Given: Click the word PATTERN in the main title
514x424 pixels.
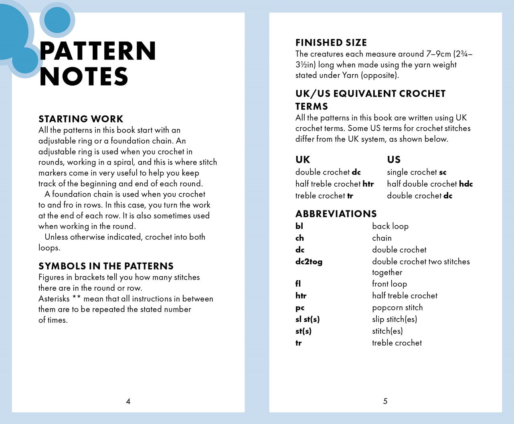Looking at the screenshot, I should tap(98, 51).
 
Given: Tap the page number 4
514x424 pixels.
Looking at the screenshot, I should tap(128, 401).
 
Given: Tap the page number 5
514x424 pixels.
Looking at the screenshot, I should tap(385, 401).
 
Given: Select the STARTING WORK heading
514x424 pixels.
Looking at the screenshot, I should tap(81, 119).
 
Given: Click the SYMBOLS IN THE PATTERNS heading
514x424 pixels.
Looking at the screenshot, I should tap(106, 266).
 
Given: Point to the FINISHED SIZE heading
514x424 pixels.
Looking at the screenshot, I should tap(331, 43).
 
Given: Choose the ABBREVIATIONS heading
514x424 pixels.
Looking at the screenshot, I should tap(336, 214).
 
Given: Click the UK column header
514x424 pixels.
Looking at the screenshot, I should tap(303, 160).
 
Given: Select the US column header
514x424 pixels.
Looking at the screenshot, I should tap(394, 160).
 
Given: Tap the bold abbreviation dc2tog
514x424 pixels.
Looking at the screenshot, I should tap(309, 262).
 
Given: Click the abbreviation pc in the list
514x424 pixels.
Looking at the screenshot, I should tap(300, 308).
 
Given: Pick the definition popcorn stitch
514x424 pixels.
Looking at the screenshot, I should tap(397, 308).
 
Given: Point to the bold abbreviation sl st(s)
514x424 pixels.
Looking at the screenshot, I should tap(308, 320).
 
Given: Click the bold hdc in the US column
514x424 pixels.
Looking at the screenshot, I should tap(466, 184).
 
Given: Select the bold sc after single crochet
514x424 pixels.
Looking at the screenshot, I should tap(443, 172).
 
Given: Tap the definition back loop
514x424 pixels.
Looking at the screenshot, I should tap(390, 226).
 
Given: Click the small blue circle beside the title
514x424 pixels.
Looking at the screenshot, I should tap(57, 19).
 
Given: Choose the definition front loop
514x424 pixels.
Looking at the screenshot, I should tap(389, 284).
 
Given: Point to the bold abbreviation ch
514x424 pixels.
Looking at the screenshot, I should tap(299, 238).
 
